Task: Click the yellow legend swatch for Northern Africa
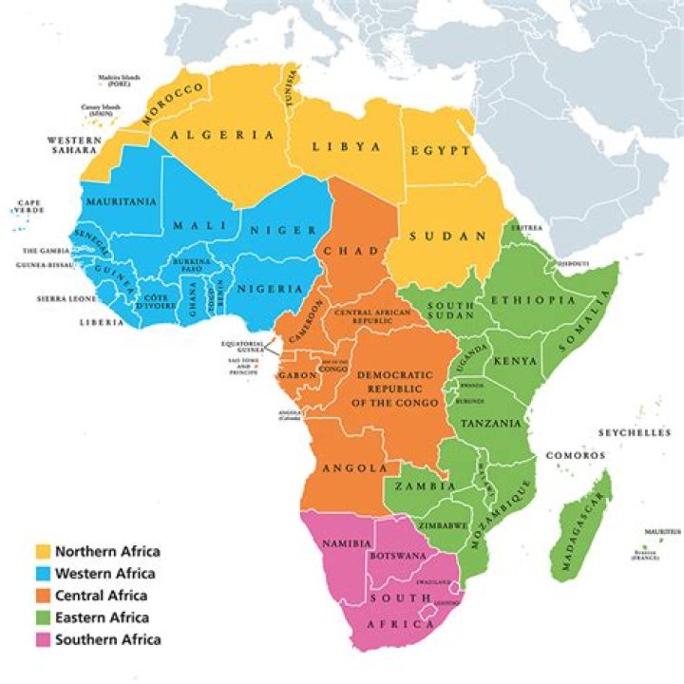(43, 551)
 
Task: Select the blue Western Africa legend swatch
(43, 574)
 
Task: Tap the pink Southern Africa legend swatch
(43, 639)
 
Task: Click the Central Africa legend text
(102, 596)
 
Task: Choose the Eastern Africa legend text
(102, 617)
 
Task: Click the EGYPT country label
(441, 151)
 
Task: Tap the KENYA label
(516, 362)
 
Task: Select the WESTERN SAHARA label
(74, 144)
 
